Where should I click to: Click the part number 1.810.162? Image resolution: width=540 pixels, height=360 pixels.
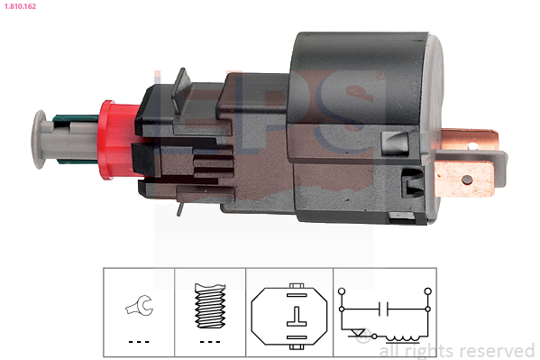tap(20, 6)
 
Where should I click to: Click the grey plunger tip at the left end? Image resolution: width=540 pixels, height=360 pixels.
tap(40, 139)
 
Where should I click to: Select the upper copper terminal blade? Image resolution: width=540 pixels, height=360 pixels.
tap(470, 139)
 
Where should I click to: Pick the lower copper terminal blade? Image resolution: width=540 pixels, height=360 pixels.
tap(465, 179)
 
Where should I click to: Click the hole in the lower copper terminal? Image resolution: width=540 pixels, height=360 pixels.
tap(467, 180)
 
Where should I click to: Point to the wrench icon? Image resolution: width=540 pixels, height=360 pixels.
tap(139, 305)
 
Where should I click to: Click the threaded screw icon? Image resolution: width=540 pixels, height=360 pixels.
tap(210, 306)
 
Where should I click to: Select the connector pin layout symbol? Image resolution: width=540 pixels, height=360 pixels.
tap(289, 316)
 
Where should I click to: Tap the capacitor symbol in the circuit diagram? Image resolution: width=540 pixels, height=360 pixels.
tap(383, 309)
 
